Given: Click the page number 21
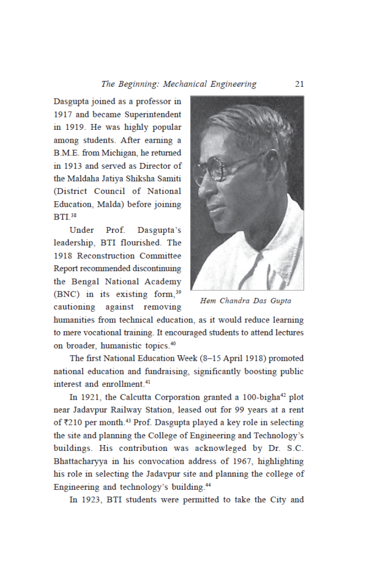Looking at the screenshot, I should tap(299, 84).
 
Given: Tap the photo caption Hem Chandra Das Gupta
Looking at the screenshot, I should tap(246, 301).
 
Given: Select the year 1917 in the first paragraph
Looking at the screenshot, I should tap(63, 115).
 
